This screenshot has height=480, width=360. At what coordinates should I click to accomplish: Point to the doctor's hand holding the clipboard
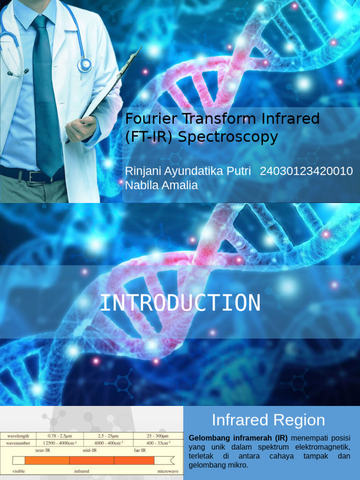click(x=81, y=128)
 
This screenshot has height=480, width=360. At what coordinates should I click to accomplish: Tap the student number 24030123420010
click(x=306, y=171)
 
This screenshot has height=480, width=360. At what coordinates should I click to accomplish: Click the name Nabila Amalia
click(x=161, y=185)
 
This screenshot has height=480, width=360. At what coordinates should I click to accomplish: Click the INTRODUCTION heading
click(x=180, y=303)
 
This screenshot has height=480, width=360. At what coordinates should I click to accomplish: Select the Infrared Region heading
click(x=268, y=420)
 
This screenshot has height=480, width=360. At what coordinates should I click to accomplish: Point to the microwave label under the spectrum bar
click(x=167, y=471)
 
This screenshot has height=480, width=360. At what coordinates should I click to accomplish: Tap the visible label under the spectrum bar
click(x=19, y=471)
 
